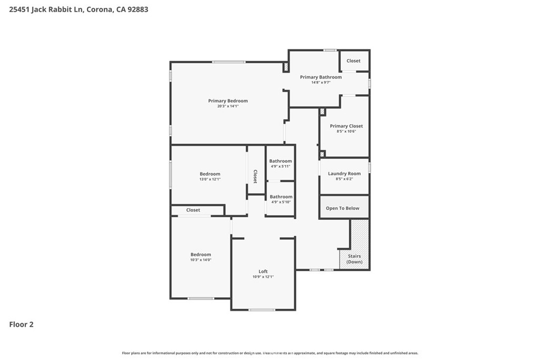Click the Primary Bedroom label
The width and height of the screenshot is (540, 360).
point(228,101)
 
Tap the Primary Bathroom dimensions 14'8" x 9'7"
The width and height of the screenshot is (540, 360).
point(321,82)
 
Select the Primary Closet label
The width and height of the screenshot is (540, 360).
point(346,126)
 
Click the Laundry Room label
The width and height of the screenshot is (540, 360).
point(344,173)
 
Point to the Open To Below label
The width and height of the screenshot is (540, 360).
point(342,208)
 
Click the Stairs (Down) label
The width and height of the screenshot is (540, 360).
point(354,259)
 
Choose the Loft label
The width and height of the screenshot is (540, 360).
point(263,271)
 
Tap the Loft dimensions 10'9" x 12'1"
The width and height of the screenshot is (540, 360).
point(263,277)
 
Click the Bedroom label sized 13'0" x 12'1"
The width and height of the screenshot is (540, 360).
point(210,174)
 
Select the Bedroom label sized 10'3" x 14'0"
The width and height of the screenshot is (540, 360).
point(201,255)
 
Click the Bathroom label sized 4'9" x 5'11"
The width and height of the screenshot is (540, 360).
point(281,161)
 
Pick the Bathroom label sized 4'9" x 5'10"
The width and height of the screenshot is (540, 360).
point(281,197)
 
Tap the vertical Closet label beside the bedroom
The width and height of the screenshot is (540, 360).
point(255,176)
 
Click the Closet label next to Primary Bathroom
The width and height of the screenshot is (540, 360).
point(353,61)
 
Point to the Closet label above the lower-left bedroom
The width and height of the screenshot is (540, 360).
point(193,210)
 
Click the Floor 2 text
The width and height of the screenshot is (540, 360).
point(22,325)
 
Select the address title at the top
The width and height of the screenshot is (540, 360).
point(79,9)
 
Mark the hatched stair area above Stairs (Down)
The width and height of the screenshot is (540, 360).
point(360,234)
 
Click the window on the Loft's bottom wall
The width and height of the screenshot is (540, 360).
point(262,309)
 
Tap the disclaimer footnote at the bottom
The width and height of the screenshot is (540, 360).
point(270,353)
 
